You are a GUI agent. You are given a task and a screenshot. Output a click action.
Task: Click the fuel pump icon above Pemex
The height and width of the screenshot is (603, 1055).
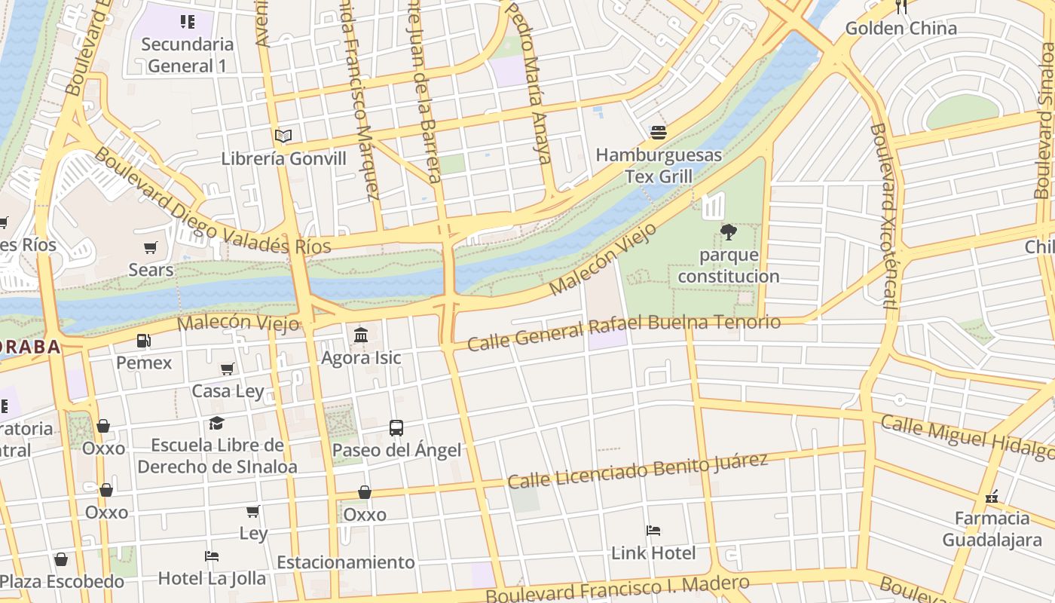pyautogui.click(x=143, y=341)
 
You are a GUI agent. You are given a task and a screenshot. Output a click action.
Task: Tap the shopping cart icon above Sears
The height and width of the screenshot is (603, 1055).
pyautogui.click(x=151, y=247)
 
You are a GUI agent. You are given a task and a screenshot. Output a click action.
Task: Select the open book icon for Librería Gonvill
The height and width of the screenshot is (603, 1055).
pyautogui.click(x=283, y=136)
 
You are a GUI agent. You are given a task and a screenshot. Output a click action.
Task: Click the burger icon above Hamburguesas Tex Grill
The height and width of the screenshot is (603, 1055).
pyautogui.click(x=659, y=133)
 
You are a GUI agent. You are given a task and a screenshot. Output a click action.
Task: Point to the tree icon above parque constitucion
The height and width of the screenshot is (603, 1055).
pyautogui.click(x=728, y=232)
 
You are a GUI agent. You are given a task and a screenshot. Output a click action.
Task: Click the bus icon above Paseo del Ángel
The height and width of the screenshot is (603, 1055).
pyautogui.click(x=396, y=428)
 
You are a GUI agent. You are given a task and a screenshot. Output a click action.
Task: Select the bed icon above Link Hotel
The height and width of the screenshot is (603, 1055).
pyautogui.click(x=653, y=531)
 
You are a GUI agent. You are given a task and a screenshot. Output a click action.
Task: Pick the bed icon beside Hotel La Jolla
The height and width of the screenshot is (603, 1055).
pyautogui.click(x=212, y=556)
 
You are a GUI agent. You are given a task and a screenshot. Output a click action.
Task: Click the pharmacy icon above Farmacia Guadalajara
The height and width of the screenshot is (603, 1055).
pyautogui.click(x=992, y=496)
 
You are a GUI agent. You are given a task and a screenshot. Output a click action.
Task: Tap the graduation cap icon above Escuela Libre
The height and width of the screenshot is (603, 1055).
pyautogui.click(x=217, y=423)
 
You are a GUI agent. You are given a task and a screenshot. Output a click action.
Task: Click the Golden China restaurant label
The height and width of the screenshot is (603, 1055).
pyautogui.click(x=901, y=29)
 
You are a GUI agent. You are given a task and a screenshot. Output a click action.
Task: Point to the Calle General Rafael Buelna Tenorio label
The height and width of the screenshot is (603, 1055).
pyautogui.click(x=623, y=332)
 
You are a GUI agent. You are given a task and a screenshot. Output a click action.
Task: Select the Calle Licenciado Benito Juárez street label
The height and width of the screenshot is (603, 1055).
pyautogui.click(x=638, y=470)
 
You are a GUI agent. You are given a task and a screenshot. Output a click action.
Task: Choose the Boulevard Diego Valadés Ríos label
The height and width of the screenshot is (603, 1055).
pyautogui.click(x=212, y=202)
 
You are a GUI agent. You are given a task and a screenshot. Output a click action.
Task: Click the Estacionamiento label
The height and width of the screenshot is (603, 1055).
pyautogui.click(x=346, y=562)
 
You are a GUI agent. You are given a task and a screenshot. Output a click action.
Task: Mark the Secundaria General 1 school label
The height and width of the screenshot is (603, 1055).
pyautogui.click(x=187, y=55)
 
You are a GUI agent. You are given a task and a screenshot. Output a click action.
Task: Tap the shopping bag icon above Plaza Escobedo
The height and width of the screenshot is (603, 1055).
pyautogui.click(x=61, y=559)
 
